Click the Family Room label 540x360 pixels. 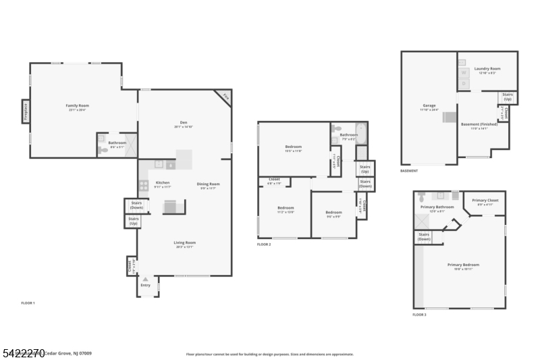[77, 105]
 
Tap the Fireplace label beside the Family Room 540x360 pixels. [26, 110]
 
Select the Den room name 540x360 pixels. [183, 123]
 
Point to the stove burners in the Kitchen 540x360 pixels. [144, 184]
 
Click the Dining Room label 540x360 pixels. [208, 184]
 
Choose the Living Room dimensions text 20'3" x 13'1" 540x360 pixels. [184, 247]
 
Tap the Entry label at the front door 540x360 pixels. [146, 285]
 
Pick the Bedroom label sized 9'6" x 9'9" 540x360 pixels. [333, 212]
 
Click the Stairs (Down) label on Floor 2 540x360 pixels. [365, 183]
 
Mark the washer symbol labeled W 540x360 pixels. [463, 72]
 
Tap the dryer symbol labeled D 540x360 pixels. [463, 83]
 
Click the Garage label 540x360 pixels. [429, 105]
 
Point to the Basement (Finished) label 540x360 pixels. [479, 124]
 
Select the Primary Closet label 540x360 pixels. [485, 201]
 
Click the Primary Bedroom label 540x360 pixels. [463, 265]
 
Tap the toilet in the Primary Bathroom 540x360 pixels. [422, 197]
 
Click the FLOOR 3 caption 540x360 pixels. [419, 315]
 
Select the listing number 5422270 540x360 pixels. [24, 353]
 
